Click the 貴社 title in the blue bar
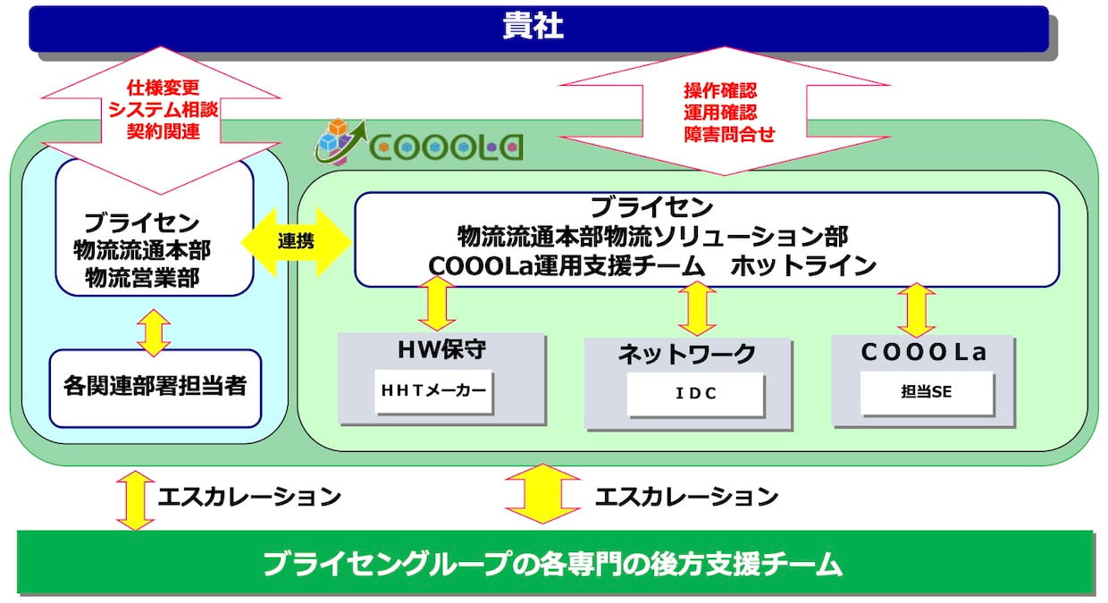tap(533, 25)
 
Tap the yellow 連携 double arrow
tap(296, 242)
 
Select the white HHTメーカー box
tap(433, 390)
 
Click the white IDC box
tap(695, 394)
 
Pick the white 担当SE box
tap(927, 392)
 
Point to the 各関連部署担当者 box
tap(155, 388)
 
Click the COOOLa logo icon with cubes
tap(340, 141)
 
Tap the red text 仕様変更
tap(164, 88)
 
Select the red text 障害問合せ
tap(729, 134)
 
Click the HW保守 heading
tap(441, 349)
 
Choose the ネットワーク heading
tap(687, 354)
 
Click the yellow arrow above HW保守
tap(437, 303)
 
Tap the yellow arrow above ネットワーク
tap(697, 309)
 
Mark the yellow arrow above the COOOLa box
tap(916, 310)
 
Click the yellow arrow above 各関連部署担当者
tap(154, 333)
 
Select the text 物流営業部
tap(142, 278)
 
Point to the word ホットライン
tap(802, 266)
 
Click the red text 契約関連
tap(164, 131)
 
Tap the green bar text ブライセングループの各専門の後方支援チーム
tap(552, 564)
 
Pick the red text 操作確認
tap(720, 90)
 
